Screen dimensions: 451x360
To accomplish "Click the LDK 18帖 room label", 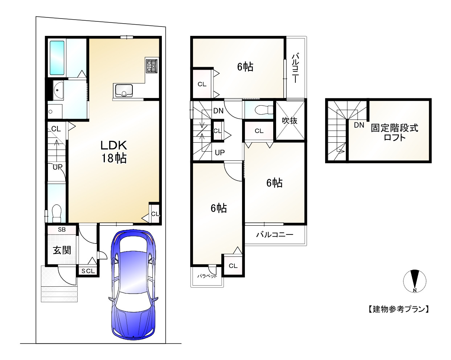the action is [x=114, y=152].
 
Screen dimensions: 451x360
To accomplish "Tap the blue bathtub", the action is [x=57, y=58].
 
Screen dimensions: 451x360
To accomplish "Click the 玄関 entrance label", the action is [x=62, y=250].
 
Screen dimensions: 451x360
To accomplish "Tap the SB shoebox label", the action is [x=62, y=230].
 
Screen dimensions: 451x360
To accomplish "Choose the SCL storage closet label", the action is [x=88, y=271].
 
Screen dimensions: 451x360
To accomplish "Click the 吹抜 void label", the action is [x=290, y=120].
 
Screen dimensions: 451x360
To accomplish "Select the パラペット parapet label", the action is [x=207, y=276].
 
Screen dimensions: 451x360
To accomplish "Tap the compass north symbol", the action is [x=415, y=281].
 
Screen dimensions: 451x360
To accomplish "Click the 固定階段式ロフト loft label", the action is [x=394, y=132].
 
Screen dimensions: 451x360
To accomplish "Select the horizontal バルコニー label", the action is [x=275, y=234].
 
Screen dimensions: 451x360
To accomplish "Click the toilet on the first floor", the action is [x=56, y=213].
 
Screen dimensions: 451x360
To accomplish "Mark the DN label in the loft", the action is [x=359, y=125].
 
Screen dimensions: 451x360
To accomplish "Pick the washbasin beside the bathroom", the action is [x=58, y=90].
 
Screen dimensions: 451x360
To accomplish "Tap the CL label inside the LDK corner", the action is [x=155, y=214].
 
